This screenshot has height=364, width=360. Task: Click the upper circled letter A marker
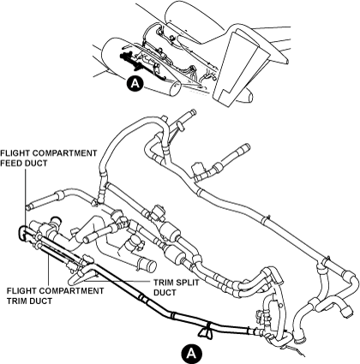pyautogui.click(x=135, y=83)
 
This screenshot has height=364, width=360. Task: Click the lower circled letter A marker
pyautogui.click(x=191, y=354)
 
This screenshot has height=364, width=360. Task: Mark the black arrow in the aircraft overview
pyautogui.click(x=130, y=60)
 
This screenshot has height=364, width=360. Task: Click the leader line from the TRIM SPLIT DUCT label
pyautogui.click(x=117, y=281)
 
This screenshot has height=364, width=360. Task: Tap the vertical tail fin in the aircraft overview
pyautogui.click(x=237, y=65)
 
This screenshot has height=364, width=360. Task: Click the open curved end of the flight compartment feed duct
pyautogui.click(x=21, y=231)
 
